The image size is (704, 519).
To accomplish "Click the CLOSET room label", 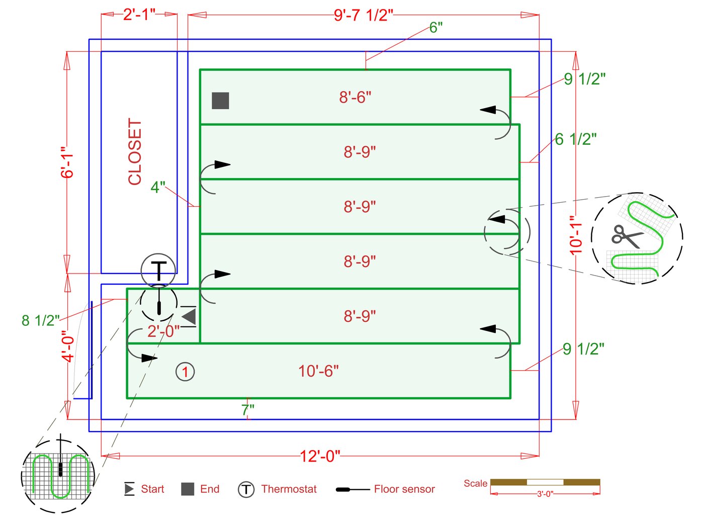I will pos(135,152).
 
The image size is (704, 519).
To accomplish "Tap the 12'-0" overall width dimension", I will pos(320,456).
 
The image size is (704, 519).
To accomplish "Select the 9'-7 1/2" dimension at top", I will pos(363,15).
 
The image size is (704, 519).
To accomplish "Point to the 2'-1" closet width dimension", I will pos(139,14).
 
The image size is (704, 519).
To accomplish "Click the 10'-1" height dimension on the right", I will pos(576,235).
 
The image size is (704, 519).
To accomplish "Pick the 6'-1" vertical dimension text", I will pos(67,162).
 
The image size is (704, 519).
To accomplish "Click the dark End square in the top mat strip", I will pos(220,101).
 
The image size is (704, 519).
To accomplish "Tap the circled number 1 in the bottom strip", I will pos(185,372).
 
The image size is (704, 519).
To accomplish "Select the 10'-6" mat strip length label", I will pos(318,371).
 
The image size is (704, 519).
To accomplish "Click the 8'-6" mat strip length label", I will pos(355,97).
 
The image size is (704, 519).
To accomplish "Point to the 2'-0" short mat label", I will pos(163,331).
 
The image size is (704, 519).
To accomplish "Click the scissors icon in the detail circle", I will pos(627,236).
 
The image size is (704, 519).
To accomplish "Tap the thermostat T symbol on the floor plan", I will pos(158,271).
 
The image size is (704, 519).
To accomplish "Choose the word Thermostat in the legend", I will pos(289,489).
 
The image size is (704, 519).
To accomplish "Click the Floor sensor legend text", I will pos(404,489).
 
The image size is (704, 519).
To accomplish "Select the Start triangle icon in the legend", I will pos(129,489).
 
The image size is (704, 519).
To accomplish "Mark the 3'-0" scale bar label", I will pos(545,494).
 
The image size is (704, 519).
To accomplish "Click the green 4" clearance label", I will pos(158,187).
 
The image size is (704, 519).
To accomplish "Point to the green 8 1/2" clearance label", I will pos(41,320).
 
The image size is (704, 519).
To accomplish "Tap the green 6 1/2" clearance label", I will pos(576,139).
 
